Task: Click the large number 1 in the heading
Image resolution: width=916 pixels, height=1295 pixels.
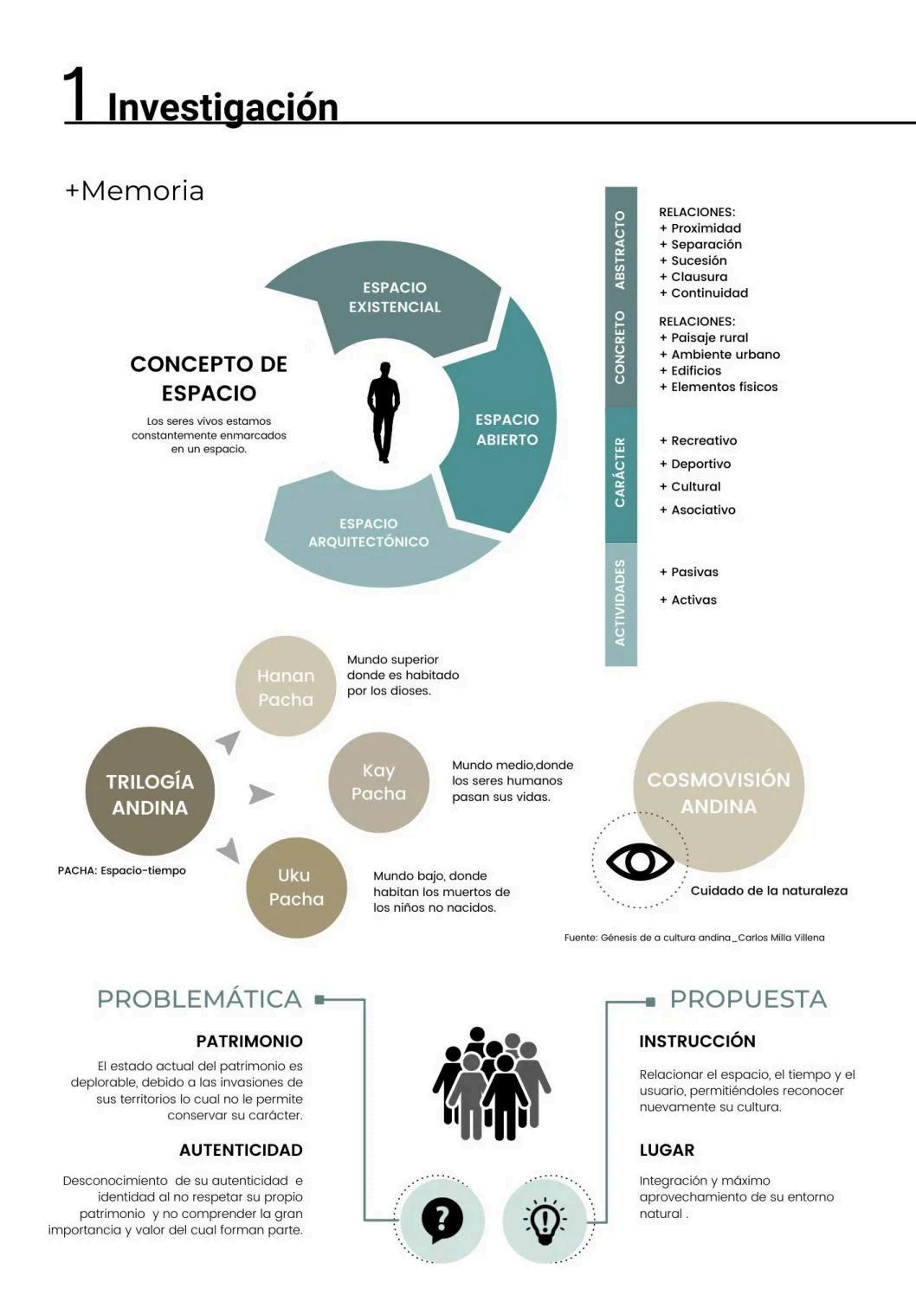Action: click(x=76, y=95)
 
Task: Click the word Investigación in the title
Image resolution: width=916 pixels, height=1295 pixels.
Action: click(x=223, y=107)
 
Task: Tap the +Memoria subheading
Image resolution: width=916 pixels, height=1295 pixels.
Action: click(x=134, y=190)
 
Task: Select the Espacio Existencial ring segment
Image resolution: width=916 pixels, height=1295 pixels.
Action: click(x=395, y=297)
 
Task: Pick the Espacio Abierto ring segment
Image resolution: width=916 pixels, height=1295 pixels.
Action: click(x=506, y=429)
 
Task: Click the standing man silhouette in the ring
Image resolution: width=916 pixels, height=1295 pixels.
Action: click(x=384, y=412)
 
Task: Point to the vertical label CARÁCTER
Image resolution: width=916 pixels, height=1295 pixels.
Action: click(x=620, y=472)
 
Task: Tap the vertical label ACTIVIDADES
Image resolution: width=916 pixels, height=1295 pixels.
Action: click(x=620, y=602)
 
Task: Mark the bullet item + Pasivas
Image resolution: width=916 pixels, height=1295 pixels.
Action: click(x=689, y=572)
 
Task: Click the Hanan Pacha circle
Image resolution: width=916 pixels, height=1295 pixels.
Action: click(x=286, y=687)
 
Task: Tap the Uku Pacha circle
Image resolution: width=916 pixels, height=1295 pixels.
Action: click(x=296, y=887)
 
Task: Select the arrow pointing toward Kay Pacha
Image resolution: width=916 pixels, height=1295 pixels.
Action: click(x=261, y=793)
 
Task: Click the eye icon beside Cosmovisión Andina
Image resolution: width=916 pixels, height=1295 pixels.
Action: click(x=640, y=862)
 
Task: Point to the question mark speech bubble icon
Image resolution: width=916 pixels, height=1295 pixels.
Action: click(x=442, y=1220)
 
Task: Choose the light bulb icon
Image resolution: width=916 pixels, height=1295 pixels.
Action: click(x=545, y=1221)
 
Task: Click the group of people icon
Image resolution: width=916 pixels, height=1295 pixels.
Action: click(x=491, y=1084)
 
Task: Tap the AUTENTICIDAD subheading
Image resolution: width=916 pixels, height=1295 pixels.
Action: click(x=241, y=1150)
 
